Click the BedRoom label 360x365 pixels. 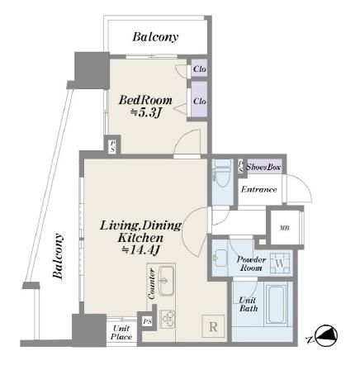tap(145, 101)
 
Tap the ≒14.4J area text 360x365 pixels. tap(141, 250)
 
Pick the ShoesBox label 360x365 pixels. tap(263, 167)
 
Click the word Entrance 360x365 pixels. tap(259, 189)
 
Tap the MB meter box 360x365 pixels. tap(285, 228)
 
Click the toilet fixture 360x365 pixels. tap(223, 173)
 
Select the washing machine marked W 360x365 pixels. tap(280, 263)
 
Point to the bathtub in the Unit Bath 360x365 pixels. tap(276, 304)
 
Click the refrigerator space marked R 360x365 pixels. tap(213, 326)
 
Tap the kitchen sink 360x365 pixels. tap(166, 280)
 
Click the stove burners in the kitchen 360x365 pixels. tap(168, 319)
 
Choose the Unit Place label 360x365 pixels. tap(121, 333)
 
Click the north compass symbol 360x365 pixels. tap(326, 335)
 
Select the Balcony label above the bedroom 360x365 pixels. tap(155, 37)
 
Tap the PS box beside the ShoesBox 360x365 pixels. tap(240, 167)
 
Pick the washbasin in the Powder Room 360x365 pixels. tap(220, 258)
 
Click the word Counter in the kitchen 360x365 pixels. tap(152, 284)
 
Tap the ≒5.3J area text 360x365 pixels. tap(145, 112)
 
